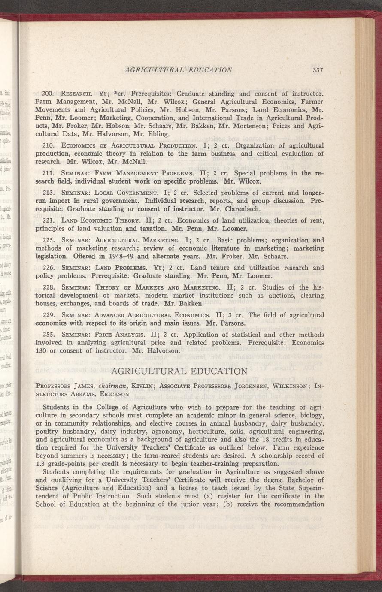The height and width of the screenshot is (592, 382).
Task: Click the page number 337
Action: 318,70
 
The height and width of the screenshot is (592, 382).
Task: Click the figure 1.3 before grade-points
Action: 40,464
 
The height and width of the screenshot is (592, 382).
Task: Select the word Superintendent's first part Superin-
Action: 307,488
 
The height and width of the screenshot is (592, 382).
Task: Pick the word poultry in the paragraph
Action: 45,431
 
